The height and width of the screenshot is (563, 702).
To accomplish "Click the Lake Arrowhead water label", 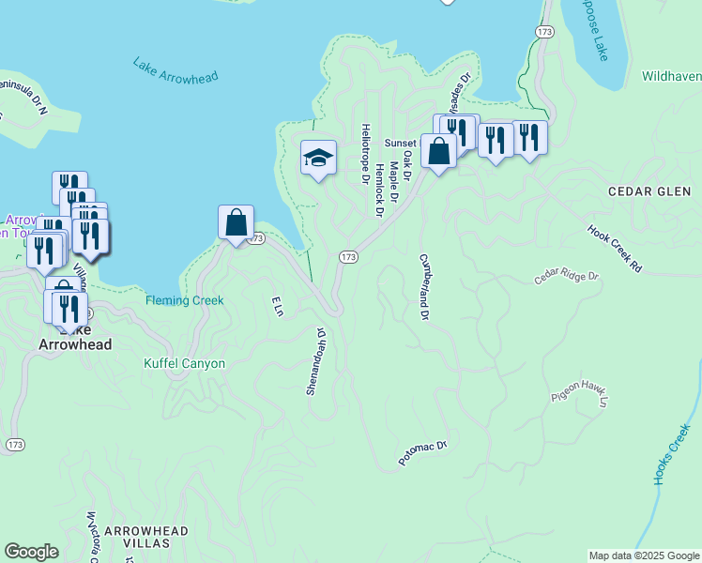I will point(175,71).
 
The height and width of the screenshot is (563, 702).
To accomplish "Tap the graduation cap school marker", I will point(318,159).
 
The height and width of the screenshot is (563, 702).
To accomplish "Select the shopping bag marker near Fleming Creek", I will point(236,223).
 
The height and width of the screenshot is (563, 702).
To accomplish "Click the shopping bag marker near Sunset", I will point(438,150).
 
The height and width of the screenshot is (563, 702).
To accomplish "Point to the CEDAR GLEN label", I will point(649,191).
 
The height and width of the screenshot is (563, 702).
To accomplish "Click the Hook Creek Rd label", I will point(615,248).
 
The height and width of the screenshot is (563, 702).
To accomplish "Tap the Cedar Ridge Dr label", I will point(566,278).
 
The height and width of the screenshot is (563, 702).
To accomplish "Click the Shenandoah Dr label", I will point(314,360).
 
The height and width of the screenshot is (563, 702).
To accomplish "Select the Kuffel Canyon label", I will point(184,363).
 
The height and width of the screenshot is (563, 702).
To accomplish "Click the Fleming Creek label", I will point(184,301).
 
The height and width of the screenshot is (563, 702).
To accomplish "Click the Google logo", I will point(31,552).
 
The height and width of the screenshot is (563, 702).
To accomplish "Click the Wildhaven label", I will point(672,75).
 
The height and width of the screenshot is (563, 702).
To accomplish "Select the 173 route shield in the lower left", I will point(15,445).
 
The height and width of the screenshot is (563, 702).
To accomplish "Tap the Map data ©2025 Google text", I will point(643,555).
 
